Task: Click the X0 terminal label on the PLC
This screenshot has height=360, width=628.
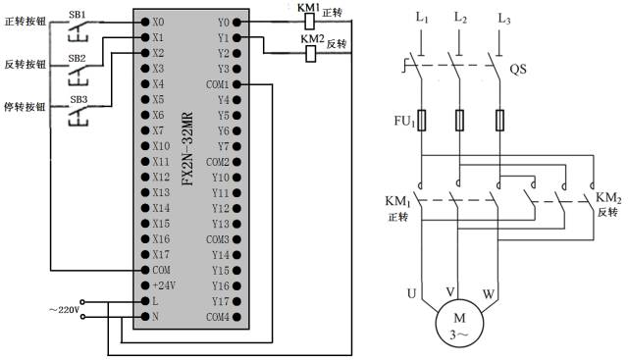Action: [160, 20]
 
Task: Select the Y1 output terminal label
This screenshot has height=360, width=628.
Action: [224, 36]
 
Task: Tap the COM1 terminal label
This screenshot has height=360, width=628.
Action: [218, 84]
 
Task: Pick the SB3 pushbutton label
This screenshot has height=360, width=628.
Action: [78, 100]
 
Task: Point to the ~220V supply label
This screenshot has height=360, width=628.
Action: [56, 309]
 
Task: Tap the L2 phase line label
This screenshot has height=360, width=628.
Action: [461, 19]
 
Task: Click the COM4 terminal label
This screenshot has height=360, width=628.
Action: [218, 317]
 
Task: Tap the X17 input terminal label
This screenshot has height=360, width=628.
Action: [162, 254]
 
